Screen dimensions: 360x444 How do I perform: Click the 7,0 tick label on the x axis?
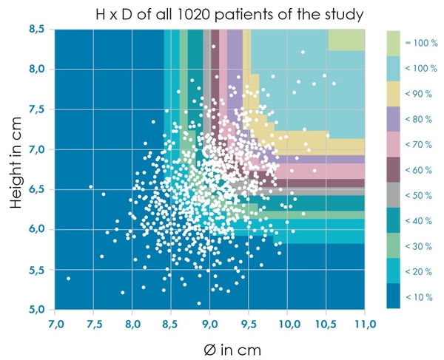click(55, 323)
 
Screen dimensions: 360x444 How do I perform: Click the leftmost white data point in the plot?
click(69, 279)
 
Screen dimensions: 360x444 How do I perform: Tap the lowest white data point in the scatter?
click(199, 304)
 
